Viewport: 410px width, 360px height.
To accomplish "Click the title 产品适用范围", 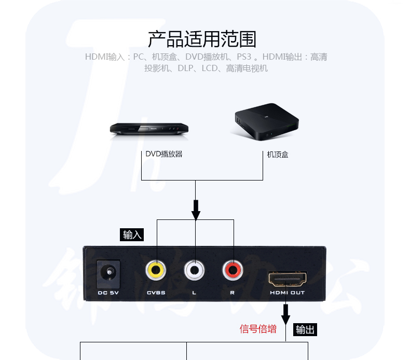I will point(202,39).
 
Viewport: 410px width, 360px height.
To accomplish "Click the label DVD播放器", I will point(163,154).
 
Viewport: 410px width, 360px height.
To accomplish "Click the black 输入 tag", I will point(132,234).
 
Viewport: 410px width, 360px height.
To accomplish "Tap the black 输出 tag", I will point(305,329).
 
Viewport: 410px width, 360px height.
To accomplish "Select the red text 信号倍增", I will point(258,329).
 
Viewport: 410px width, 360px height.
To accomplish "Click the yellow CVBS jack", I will point(156,270).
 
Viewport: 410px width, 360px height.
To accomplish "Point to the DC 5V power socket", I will point(109,273).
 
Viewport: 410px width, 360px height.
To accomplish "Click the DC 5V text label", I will point(109,293).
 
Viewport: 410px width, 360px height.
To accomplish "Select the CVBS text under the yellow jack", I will point(156,293).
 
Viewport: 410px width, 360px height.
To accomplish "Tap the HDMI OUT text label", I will point(287,293).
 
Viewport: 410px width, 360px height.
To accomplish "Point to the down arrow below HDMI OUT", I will point(286,313).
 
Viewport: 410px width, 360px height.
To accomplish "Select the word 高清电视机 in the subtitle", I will point(247,68).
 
